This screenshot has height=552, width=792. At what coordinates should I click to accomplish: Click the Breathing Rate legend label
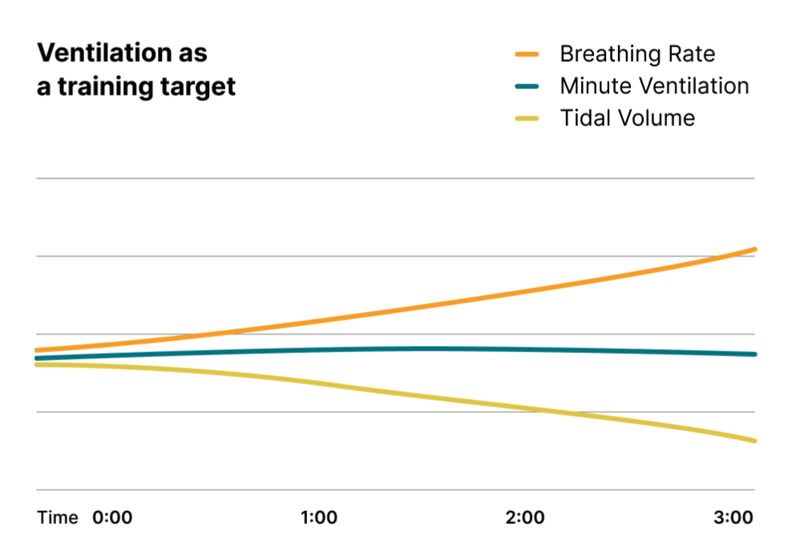point(637,54)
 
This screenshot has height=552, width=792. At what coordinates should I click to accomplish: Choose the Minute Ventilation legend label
point(654,86)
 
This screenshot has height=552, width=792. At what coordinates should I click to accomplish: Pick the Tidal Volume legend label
point(627,118)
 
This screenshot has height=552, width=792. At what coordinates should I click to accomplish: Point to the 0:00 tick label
point(112,517)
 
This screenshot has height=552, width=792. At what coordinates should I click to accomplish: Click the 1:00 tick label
point(319,517)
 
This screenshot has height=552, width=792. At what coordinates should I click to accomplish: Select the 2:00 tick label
point(525,517)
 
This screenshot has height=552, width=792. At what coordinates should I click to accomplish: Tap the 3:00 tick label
point(733,517)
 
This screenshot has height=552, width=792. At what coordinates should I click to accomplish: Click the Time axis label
point(58,517)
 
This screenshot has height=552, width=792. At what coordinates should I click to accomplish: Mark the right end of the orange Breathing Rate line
point(754,250)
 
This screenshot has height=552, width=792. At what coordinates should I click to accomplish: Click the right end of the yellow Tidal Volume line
point(754,440)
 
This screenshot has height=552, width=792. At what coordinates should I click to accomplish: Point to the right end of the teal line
point(754,354)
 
